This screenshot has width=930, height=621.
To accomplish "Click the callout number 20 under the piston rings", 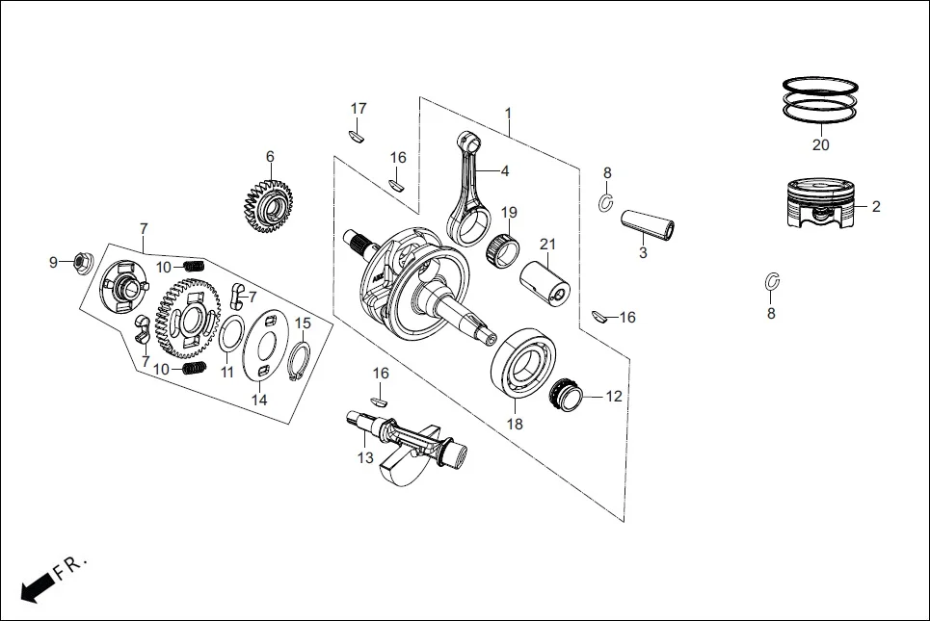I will pyautogui.click(x=819, y=145).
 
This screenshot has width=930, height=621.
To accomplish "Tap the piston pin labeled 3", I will pyautogui.click(x=647, y=222).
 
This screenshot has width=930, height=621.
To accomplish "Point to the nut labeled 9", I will pyautogui.click(x=82, y=261).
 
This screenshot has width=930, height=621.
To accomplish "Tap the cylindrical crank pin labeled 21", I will pyautogui.click(x=546, y=282).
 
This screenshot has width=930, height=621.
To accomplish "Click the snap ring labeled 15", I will pyautogui.click(x=300, y=363).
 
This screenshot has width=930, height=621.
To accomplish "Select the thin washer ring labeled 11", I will pyautogui.click(x=229, y=339).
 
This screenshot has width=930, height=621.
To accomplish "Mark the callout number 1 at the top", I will pyautogui.click(x=508, y=114).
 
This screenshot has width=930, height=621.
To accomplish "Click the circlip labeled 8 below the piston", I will pyautogui.click(x=771, y=282).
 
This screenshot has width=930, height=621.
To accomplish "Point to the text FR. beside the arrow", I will pyautogui.click(x=69, y=565).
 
